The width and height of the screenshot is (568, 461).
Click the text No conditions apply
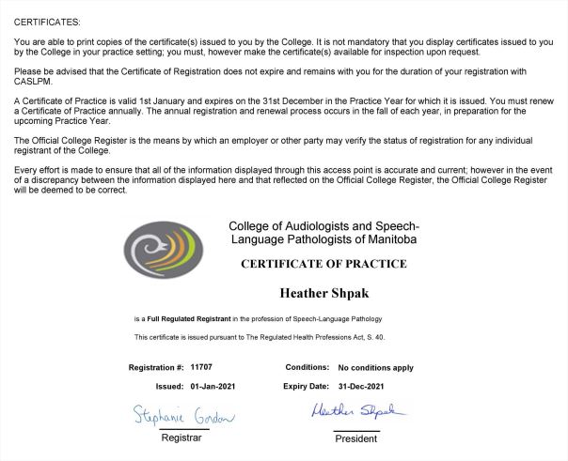click(x=375, y=368)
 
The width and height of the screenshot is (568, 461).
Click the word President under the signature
click(x=356, y=438)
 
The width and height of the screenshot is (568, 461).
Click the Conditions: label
click(x=307, y=368)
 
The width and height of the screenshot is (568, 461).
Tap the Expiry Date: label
click(x=306, y=386)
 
